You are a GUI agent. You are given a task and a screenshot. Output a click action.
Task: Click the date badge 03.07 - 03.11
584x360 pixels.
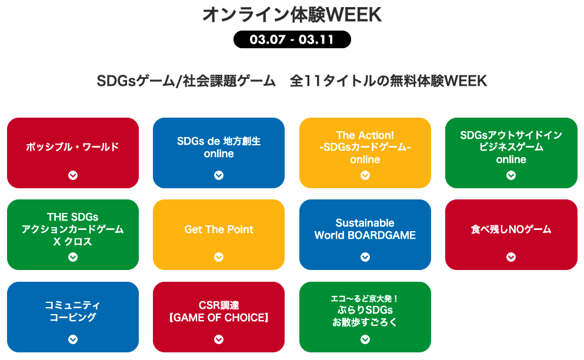pos(292,39)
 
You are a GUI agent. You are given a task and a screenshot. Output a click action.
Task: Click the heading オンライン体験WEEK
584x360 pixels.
pos(292,15)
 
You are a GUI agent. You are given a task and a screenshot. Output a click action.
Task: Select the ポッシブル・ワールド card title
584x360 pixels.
pos(73,147)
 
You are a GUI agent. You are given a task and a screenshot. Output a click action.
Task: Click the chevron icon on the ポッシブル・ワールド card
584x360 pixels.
pos(73,175)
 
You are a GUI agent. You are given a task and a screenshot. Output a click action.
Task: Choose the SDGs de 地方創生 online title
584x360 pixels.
pos(219,148)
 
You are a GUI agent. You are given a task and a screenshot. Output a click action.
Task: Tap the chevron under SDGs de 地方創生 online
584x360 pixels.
pos(219,175)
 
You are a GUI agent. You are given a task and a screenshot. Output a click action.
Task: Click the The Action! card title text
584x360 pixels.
pos(365,147)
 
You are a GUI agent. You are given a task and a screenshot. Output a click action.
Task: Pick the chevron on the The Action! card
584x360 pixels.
pos(365,175)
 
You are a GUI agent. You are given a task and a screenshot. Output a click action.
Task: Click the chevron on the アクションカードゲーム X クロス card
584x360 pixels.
pos(73,256)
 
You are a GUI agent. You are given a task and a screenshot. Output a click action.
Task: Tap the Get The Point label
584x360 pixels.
pos(219,229)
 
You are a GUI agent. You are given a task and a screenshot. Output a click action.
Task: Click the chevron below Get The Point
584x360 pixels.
pos(219,256)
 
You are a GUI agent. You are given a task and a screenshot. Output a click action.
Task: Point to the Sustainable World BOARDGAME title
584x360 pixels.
pos(365,229)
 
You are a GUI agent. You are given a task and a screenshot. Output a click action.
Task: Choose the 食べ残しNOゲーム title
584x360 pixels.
pos(511,229)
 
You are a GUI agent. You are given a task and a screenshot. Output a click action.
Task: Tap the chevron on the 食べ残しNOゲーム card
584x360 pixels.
pos(511,256)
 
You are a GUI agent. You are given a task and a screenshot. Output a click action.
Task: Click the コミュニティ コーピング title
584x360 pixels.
pos(73,311)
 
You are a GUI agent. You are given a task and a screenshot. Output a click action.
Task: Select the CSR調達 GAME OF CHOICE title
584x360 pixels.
pos(219,312)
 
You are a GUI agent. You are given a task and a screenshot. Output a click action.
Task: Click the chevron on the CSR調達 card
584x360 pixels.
pos(219,339)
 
